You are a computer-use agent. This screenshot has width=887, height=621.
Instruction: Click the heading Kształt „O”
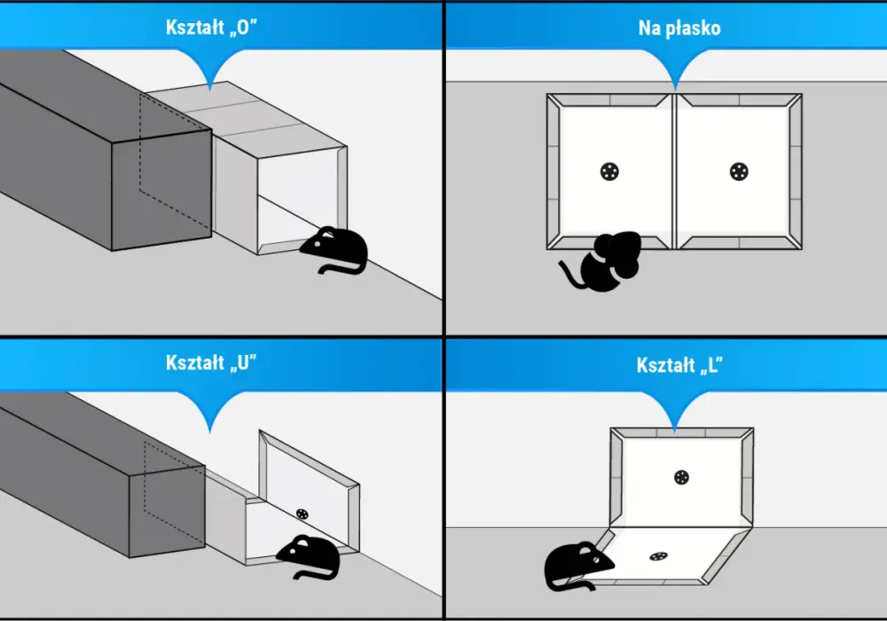[212, 28]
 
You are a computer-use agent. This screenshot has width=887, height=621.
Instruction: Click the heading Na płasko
[679, 28]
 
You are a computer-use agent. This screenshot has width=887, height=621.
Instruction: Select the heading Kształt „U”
[211, 363]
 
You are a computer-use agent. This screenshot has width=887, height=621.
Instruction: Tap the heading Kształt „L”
[679, 365]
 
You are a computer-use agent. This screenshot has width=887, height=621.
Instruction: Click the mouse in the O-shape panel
[335, 249]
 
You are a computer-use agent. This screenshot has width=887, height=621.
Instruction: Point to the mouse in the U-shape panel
[310, 557]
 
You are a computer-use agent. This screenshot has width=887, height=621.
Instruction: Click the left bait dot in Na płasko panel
[609, 171]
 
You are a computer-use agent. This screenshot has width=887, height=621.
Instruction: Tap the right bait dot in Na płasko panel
[739, 171]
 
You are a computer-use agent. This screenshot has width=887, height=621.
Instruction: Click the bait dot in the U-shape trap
[302, 515]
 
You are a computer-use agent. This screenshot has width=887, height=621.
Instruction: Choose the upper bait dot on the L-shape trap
[681, 477]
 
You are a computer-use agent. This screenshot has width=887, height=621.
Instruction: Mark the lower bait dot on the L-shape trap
[658, 556]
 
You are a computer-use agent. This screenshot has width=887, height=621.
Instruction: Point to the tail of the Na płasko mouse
[570, 274]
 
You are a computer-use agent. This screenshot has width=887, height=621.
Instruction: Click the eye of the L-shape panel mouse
[597, 559]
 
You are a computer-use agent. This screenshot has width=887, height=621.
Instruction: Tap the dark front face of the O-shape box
[161, 190]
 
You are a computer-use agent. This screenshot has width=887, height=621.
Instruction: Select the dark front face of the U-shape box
[167, 512]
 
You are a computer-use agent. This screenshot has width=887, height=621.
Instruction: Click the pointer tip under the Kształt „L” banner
[674, 433]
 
